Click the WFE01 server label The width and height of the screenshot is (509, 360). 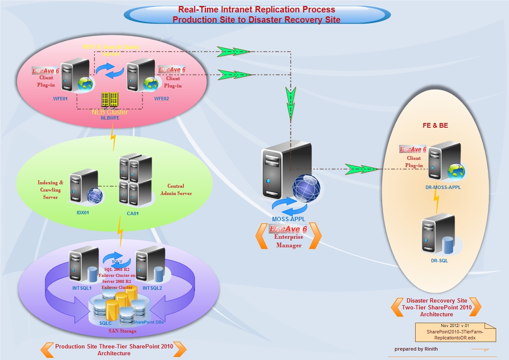(61, 98)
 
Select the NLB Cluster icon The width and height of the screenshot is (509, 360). (109, 100)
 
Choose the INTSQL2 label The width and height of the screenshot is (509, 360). (153, 288)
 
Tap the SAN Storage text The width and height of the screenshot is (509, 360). (123, 331)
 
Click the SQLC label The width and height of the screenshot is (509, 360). (106, 323)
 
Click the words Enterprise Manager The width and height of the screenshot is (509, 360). (289, 241)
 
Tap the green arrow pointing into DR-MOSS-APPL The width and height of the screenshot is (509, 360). (362, 169)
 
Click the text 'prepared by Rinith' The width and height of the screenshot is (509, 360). (416, 349)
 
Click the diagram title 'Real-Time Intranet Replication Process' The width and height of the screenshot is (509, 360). (256, 9)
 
